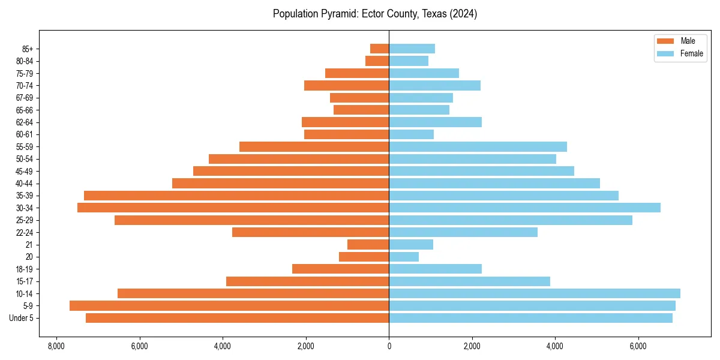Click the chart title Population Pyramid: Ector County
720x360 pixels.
[374, 14]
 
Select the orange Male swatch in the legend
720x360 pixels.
[666, 41]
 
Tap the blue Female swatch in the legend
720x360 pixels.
[666, 53]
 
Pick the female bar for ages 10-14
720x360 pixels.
[534, 293]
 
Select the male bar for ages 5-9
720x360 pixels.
[229, 305]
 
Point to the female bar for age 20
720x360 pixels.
[404, 257]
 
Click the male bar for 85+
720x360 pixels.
[379, 49]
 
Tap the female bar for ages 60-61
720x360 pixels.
[411, 134]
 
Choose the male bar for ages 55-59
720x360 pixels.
[314, 146]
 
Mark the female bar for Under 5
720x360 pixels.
[530, 318]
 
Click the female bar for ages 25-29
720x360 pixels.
[511, 220]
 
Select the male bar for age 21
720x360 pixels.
[368, 244]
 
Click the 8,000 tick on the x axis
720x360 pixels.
[56, 346]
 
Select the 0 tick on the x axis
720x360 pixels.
[389, 346]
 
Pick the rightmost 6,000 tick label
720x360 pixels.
[638, 346]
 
